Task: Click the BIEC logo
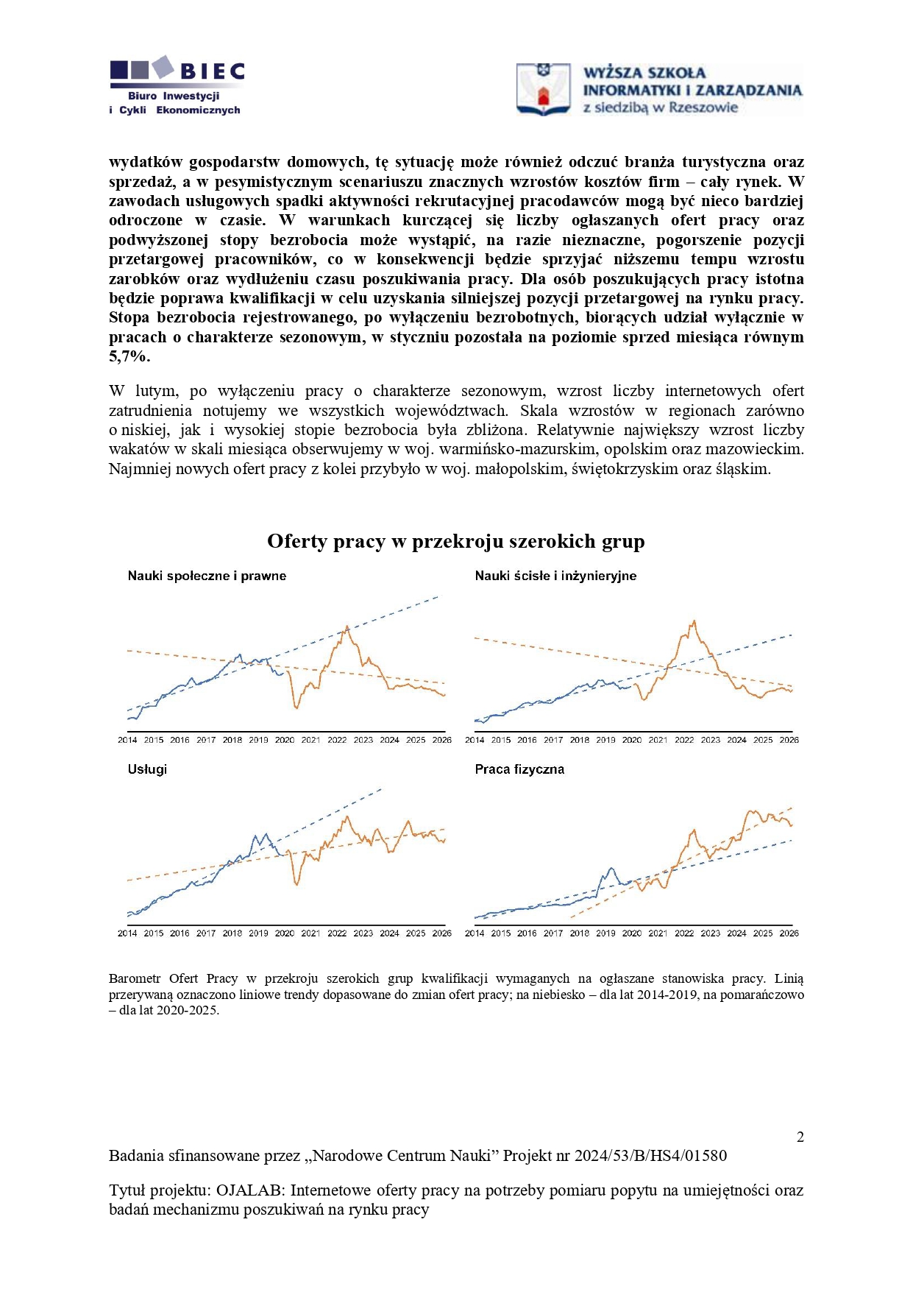[177, 85]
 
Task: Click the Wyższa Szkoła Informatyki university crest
[543, 89]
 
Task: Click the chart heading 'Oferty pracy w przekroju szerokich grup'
[455, 542]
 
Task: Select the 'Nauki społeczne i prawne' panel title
[207, 576]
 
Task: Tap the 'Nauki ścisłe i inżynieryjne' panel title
[555, 576]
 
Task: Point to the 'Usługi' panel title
[147, 769]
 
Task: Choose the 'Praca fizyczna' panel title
[519, 769]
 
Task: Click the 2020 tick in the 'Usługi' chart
[285, 933]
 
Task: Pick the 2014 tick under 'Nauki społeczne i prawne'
[127, 740]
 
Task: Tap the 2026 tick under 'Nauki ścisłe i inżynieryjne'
[789, 740]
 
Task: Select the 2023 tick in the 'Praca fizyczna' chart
[710, 933]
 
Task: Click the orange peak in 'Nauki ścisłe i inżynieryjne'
[693, 622]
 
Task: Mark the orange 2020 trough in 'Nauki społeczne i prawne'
[296, 707]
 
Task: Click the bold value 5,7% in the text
[129, 356]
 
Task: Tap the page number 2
[800, 1137]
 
